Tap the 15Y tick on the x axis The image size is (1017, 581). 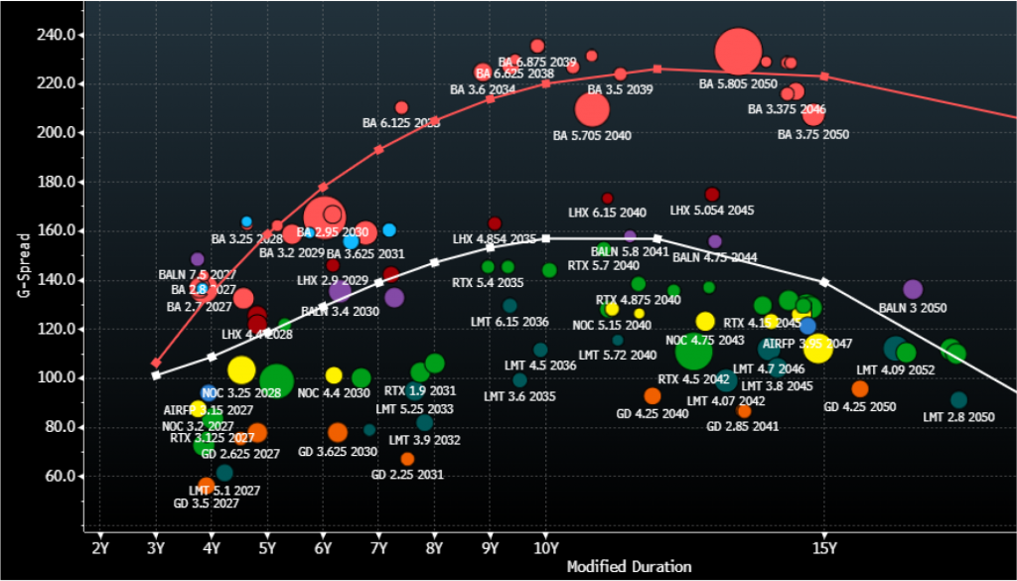(823, 547)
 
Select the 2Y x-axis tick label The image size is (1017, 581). (99, 547)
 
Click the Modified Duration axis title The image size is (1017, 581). (629, 567)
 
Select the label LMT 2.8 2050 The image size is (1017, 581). (958, 417)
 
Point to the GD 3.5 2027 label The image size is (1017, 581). (207, 504)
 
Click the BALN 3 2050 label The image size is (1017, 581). (913, 308)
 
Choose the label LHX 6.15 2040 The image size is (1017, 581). (607, 213)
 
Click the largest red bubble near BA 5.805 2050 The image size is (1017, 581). (738, 52)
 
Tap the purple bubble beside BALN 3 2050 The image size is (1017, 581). (913, 290)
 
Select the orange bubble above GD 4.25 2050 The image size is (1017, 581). (860, 389)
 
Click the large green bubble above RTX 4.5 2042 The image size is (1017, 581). (694, 351)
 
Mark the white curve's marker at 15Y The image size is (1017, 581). (824, 282)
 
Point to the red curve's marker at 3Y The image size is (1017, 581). (156, 363)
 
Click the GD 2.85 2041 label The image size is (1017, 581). (742, 426)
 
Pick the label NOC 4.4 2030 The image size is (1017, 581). (334, 393)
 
